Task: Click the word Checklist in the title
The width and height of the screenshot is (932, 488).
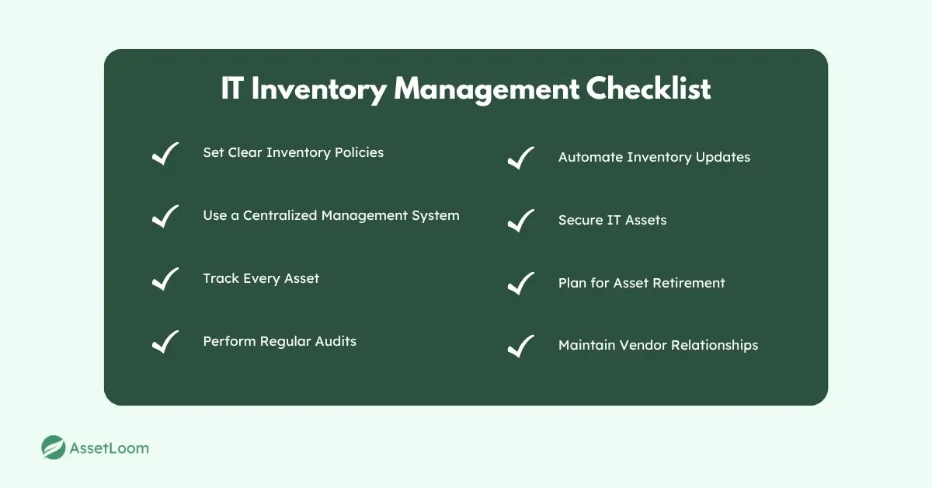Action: [649, 89]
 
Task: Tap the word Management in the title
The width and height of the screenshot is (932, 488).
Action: [486, 89]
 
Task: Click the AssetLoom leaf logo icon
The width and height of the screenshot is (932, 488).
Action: [54, 448]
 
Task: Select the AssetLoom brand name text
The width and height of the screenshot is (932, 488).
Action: [109, 448]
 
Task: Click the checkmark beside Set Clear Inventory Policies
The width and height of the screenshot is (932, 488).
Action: [165, 154]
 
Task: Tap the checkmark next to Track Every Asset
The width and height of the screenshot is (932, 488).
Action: [165, 279]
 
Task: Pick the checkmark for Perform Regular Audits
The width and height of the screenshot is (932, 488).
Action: [165, 342]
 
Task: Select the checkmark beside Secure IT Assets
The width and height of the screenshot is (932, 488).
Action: [521, 221]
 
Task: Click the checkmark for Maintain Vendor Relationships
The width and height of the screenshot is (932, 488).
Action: [521, 347]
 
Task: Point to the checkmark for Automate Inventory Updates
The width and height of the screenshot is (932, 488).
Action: [521, 159]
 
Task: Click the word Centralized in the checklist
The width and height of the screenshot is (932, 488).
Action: [280, 215]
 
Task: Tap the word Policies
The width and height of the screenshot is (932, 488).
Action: [359, 152]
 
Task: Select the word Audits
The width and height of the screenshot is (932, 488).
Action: [336, 341]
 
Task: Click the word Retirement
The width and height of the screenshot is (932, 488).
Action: [689, 283]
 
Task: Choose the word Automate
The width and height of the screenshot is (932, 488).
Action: [591, 157]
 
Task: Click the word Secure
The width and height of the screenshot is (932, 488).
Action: [581, 220]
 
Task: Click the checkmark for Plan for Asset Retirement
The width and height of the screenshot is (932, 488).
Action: [521, 284]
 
